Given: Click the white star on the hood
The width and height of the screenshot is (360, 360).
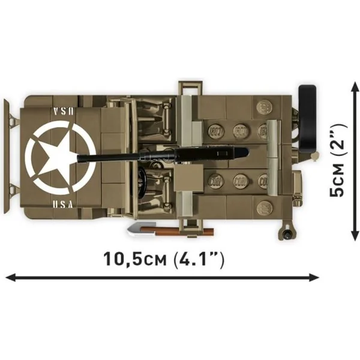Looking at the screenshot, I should (59, 156).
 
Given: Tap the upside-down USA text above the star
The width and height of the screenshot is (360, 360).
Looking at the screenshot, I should (63, 112).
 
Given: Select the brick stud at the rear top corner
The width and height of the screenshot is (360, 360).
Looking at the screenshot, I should (265, 108).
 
